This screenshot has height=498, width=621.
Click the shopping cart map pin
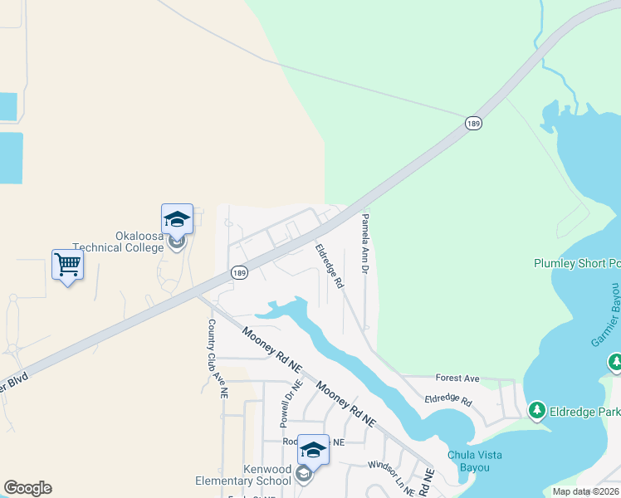pyautogui.click(x=67, y=266)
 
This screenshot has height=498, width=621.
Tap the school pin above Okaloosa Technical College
pyautogui.click(x=177, y=220)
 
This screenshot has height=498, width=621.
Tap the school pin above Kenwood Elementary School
pyautogui.click(x=313, y=450)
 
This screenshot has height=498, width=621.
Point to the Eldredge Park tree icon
pyautogui.click(x=536, y=410)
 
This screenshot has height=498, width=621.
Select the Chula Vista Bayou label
pyautogui.click(x=479, y=461)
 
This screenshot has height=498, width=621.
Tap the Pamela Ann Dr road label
pyautogui.click(x=364, y=245)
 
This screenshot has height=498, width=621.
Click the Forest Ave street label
pyautogui.click(x=458, y=378)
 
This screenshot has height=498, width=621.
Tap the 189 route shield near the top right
pyautogui.click(x=473, y=123)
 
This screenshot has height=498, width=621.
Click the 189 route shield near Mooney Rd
pyautogui.click(x=239, y=273)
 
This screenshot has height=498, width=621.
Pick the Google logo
pyautogui.click(x=27, y=488)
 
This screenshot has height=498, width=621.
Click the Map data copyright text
pyautogui.click(x=586, y=491)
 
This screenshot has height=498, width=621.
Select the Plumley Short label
pyautogui.click(x=576, y=264)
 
